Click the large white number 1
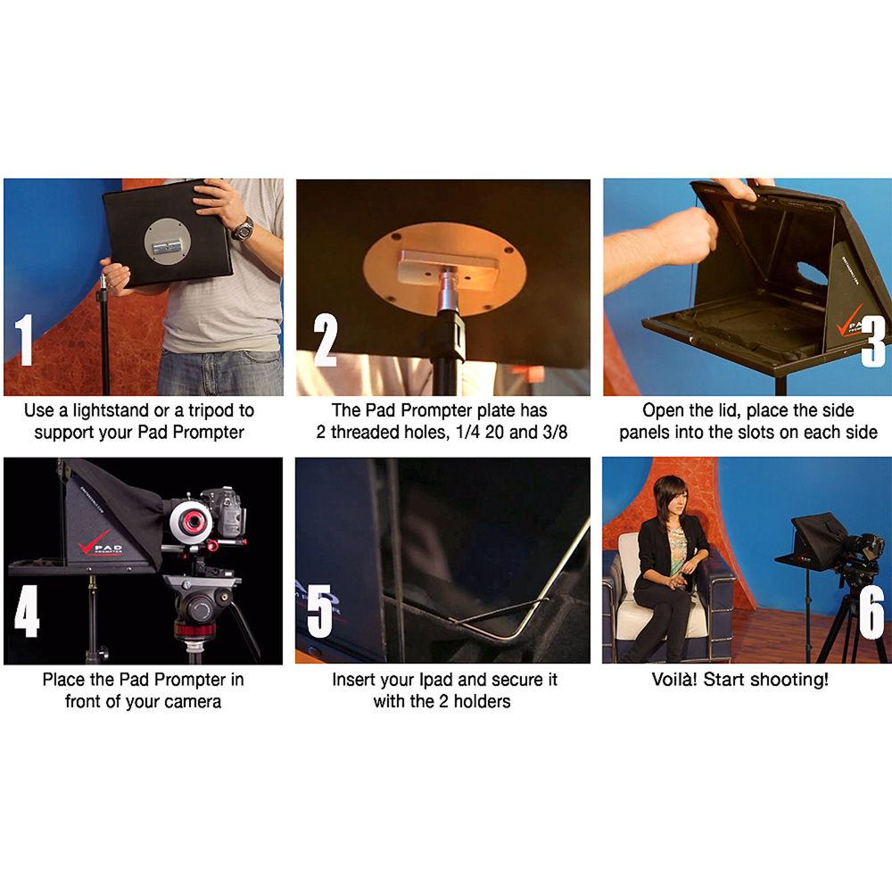click(24, 340)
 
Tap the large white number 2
click(326, 341)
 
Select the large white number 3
click(873, 341)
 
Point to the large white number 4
click(27, 611)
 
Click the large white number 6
click(871, 613)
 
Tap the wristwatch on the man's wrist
click(243, 228)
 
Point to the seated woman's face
click(673, 499)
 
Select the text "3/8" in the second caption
click(555, 433)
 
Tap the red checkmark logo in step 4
click(94, 541)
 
